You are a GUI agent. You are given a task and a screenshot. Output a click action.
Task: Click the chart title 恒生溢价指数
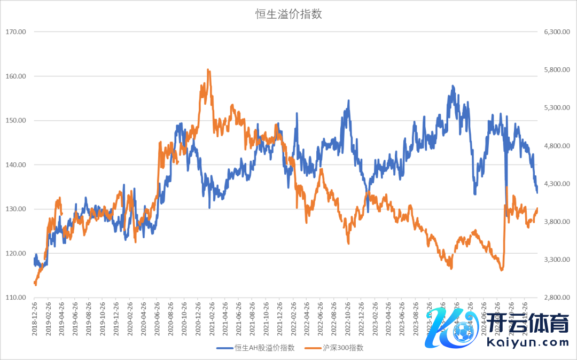coord(288,14)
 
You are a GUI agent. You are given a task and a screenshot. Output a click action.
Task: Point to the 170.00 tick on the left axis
coord(16,32)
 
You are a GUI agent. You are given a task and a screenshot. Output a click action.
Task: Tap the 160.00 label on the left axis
coord(16,76)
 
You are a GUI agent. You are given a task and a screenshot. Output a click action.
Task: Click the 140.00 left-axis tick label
coord(16,165)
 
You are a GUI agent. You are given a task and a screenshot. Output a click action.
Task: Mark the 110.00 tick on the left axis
coord(16,298)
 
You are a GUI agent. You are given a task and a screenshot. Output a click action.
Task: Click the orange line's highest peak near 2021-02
coord(208,70)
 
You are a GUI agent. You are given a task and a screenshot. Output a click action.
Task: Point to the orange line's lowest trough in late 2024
coord(502,270)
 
